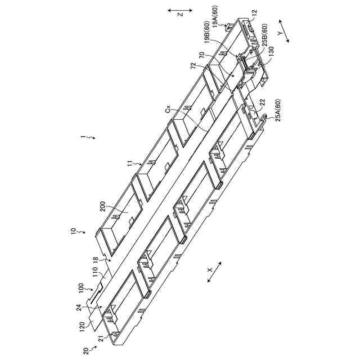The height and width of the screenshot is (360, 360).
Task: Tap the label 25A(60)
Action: (278, 113)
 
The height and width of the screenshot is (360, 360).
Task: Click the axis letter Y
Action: (280, 34)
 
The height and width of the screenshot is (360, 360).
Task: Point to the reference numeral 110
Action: (96, 275)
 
